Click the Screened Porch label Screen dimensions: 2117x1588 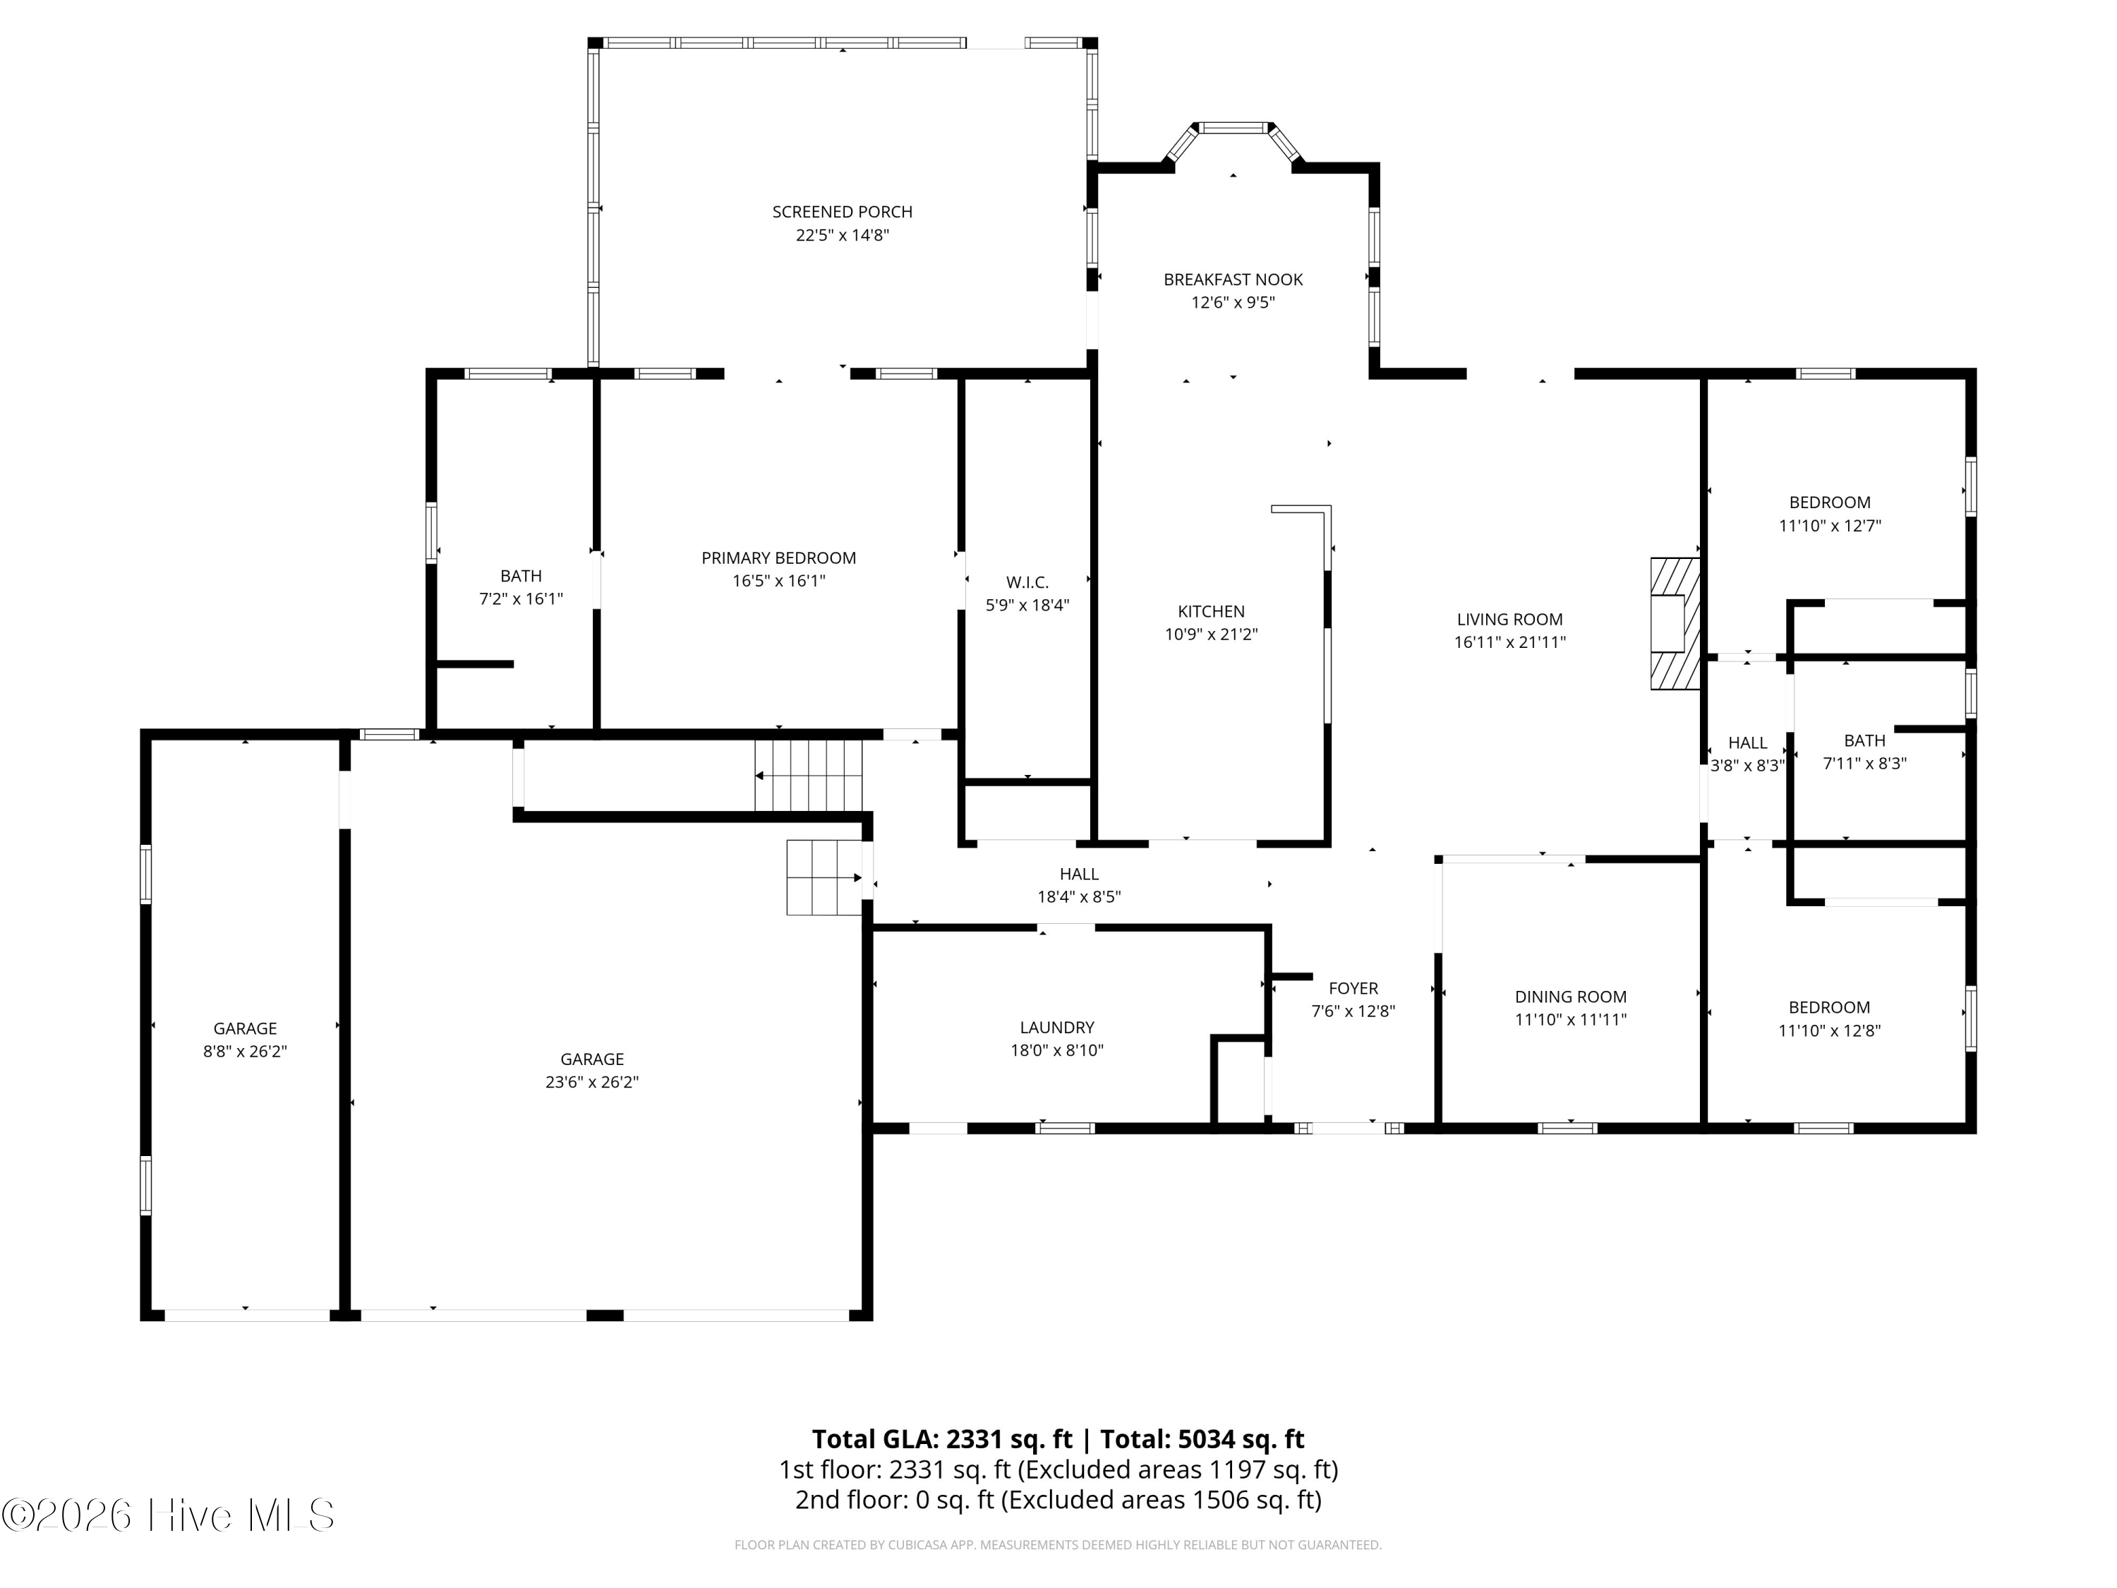click(842, 212)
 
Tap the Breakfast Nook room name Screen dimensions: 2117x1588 click(1233, 279)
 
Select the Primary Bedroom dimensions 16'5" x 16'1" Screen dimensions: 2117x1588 click(778, 581)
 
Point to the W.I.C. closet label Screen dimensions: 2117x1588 click(1027, 582)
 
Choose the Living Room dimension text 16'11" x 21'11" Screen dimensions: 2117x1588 click(1509, 642)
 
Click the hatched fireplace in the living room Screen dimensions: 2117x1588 click(1675, 623)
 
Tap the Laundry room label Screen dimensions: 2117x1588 click(1056, 1027)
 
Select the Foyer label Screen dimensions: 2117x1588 click(1353, 988)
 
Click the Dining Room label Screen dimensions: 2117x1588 click(1571, 997)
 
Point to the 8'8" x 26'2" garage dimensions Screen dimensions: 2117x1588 click(245, 1051)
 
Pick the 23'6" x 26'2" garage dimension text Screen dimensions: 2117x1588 click(591, 1082)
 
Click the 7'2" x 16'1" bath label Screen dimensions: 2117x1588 click(521, 576)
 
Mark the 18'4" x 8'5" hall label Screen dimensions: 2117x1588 click(1078, 874)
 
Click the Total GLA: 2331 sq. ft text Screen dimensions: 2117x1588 click(942, 1438)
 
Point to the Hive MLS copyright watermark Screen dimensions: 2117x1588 click(169, 1515)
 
